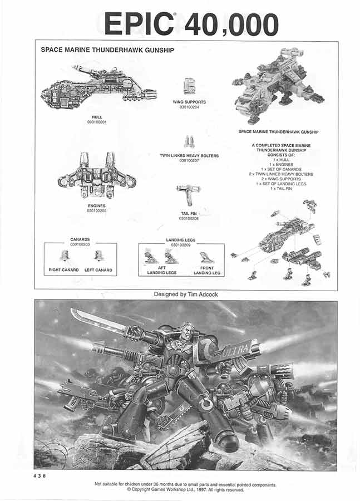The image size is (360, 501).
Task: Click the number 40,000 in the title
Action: (x=231, y=24)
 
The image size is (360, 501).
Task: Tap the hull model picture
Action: (x=98, y=87)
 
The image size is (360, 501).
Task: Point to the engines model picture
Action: (x=97, y=176)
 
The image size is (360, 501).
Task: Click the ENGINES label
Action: (x=96, y=205)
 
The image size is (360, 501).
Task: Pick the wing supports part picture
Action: (x=190, y=86)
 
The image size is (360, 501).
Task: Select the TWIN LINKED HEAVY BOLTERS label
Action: (x=189, y=156)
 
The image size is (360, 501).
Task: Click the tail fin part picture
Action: (x=188, y=195)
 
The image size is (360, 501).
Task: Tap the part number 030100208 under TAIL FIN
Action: (x=189, y=218)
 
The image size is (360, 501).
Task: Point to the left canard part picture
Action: (x=98, y=256)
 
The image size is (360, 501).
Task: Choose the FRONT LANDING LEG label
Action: (x=207, y=271)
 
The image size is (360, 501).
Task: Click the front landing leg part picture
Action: (x=206, y=257)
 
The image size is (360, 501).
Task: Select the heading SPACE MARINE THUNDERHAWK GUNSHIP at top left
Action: (x=107, y=50)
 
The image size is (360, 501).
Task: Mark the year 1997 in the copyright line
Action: (x=201, y=490)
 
